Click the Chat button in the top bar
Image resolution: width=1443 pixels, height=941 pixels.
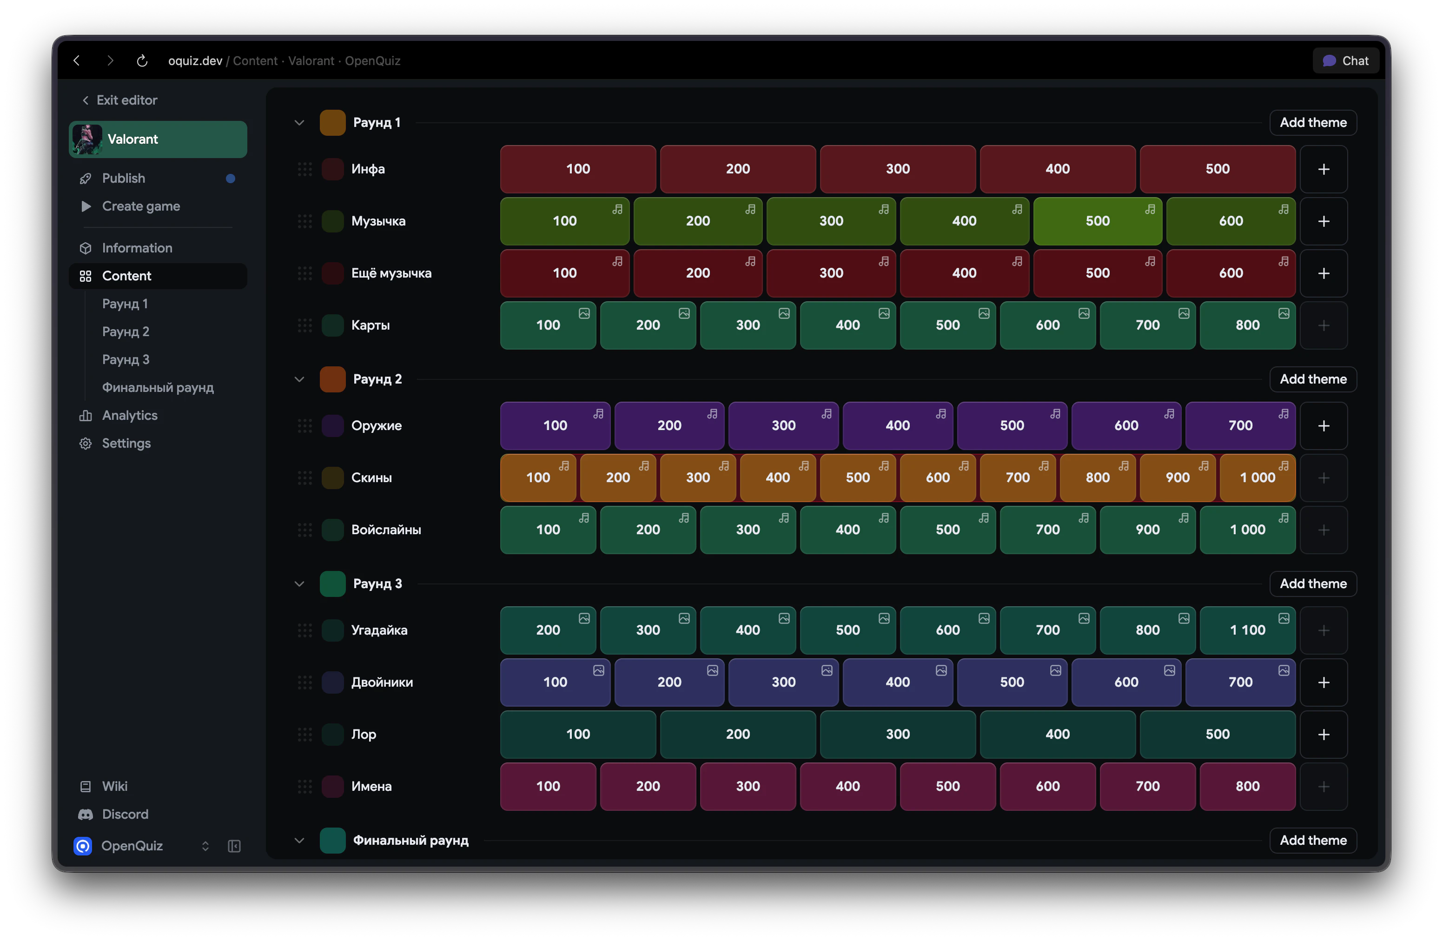1345,60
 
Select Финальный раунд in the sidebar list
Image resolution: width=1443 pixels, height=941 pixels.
158,387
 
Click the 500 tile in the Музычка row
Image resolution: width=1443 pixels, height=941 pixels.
1098,221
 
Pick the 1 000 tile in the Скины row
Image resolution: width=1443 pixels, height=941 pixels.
1257,478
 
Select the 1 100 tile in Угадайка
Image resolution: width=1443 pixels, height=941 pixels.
1247,630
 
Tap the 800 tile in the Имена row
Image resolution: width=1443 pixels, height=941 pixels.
1247,786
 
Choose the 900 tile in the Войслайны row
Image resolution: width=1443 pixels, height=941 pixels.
1147,530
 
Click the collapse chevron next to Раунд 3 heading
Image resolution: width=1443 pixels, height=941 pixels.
299,584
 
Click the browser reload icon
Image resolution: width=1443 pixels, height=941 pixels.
142,60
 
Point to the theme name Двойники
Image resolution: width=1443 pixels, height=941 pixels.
382,683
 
